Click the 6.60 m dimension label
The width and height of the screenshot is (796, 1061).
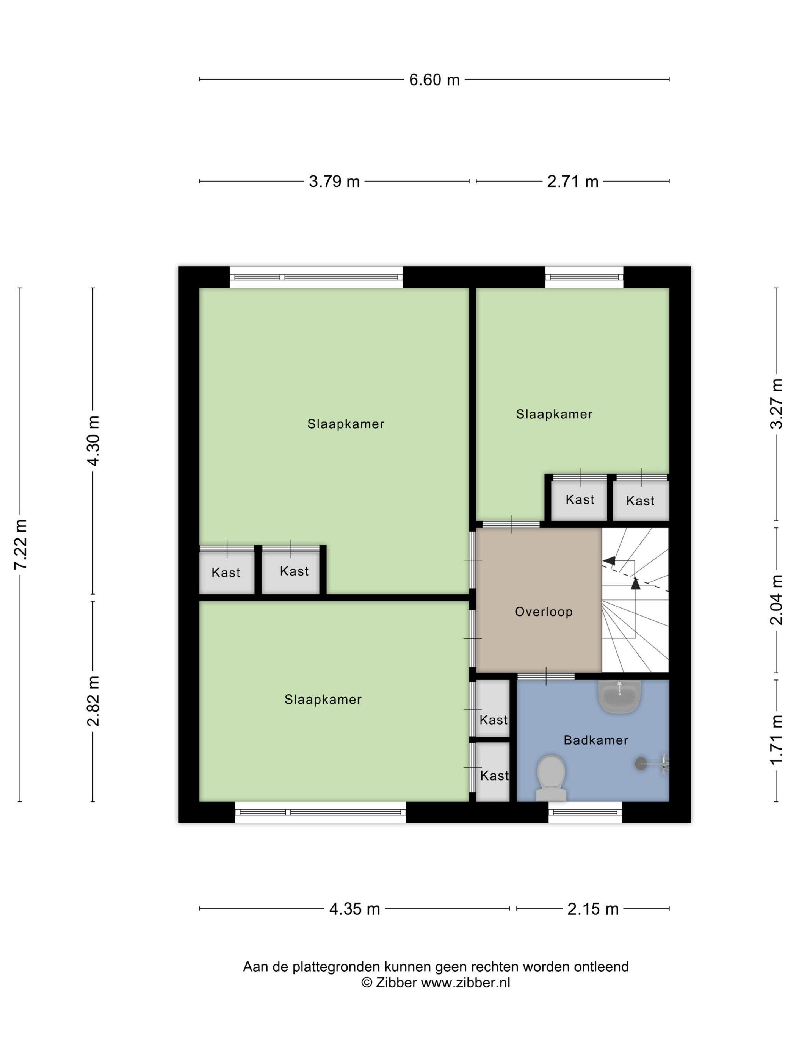pos(434,80)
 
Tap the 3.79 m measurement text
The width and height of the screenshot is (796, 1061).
pos(334,181)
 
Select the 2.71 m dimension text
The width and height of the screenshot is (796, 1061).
pos(572,181)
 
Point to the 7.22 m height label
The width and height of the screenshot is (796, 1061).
pos(20,544)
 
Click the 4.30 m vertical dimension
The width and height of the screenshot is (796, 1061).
pos(93,440)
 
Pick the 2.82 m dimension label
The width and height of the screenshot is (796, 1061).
pos(93,701)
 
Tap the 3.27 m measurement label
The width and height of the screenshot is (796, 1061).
pos(776,404)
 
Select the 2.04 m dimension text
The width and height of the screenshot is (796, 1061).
pos(776,599)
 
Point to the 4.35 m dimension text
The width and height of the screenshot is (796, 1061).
pos(354,908)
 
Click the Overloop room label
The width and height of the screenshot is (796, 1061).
pos(544,612)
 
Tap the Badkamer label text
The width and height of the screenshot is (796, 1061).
pos(596,740)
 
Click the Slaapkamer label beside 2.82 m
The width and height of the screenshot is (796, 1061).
pos(323,700)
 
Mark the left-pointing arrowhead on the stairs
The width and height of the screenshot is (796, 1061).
pos(610,560)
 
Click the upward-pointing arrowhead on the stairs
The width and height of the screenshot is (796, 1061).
pos(635,583)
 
